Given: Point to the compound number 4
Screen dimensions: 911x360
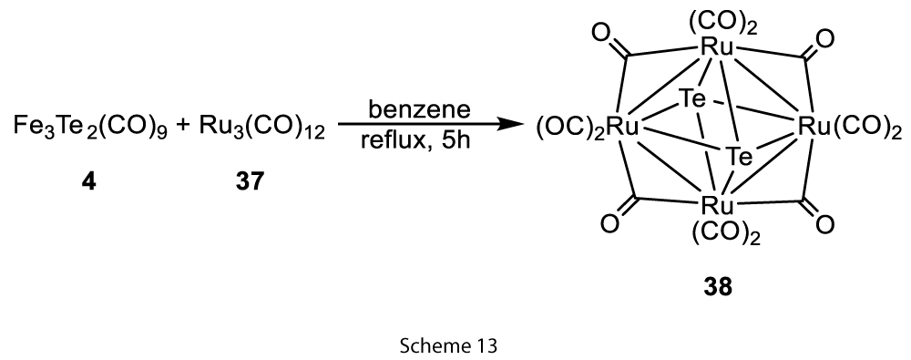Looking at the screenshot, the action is pyautogui.click(x=89, y=182).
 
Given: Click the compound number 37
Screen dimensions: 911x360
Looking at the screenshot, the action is pyautogui.click(x=250, y=182).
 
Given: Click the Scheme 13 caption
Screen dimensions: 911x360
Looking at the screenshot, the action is pyautogui.click(x=448, y=346).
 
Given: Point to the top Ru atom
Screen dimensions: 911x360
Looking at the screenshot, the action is pyautogui.click(x=717, y=47).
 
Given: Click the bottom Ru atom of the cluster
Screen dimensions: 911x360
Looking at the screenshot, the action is pyautogui.click(x=717, y=205).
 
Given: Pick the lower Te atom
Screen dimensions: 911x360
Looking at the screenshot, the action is pyautogui.click(x=739, y=156).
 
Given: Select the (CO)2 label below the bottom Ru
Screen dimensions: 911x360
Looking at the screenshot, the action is pyautogui.click(x=726, y=233).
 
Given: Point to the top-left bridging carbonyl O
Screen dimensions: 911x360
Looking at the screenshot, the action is pyautogui.click(x=600, y=34).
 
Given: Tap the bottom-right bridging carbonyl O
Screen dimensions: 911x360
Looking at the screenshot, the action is pyautogui.click(x=824, y=224).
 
